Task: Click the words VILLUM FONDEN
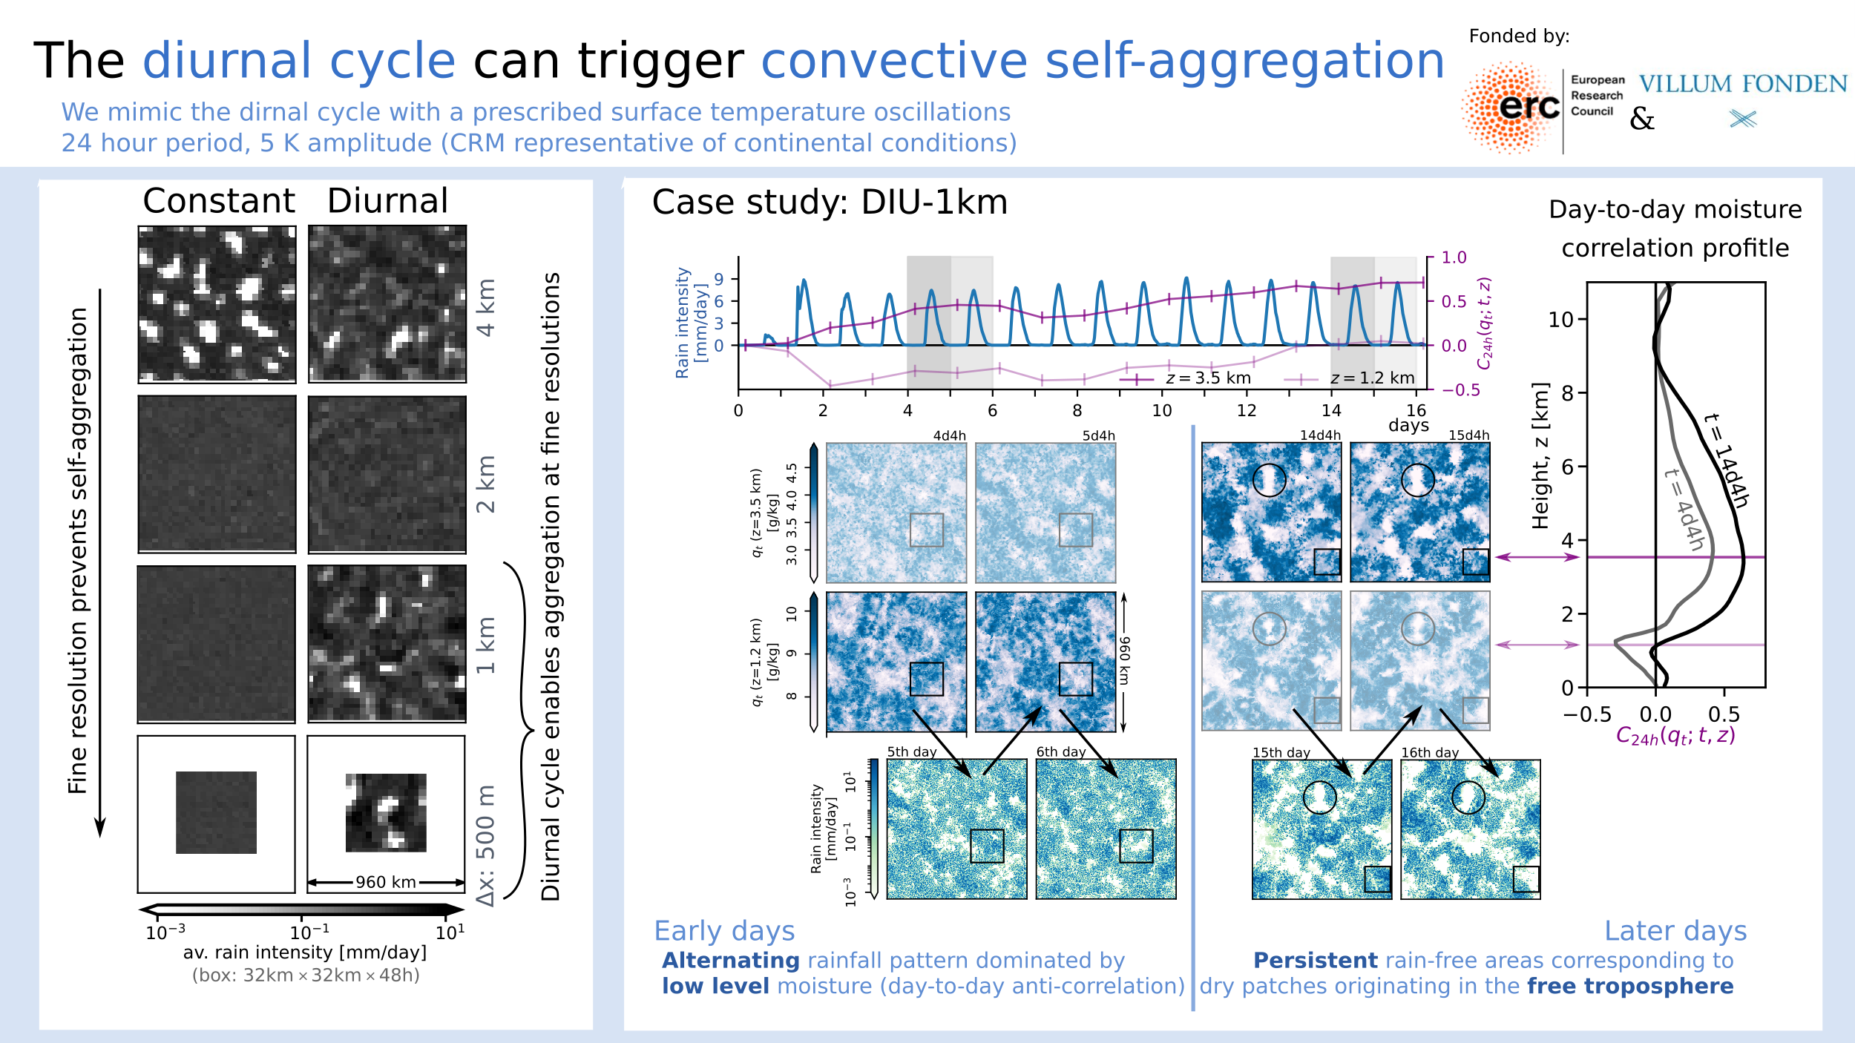tap(1743, 84)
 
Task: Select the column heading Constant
tap(219, 201)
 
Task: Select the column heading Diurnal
tap(387, 201)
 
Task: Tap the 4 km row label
tap(486, 307)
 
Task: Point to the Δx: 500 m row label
tap(486, 846)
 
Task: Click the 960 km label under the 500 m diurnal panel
tap(385, 882)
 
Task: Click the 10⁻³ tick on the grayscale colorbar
tap(165, 932)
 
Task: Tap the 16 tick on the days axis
tap(1416, 410)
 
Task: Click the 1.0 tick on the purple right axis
tap(1454, 257)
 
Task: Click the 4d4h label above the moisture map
tap(949, 436)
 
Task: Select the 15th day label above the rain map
tap(1281, 752)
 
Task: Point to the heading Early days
tap(724, 931)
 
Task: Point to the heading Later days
tap(1675, 931)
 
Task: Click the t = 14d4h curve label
tap(1726, 460)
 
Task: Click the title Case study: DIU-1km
tap(830, 203)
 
